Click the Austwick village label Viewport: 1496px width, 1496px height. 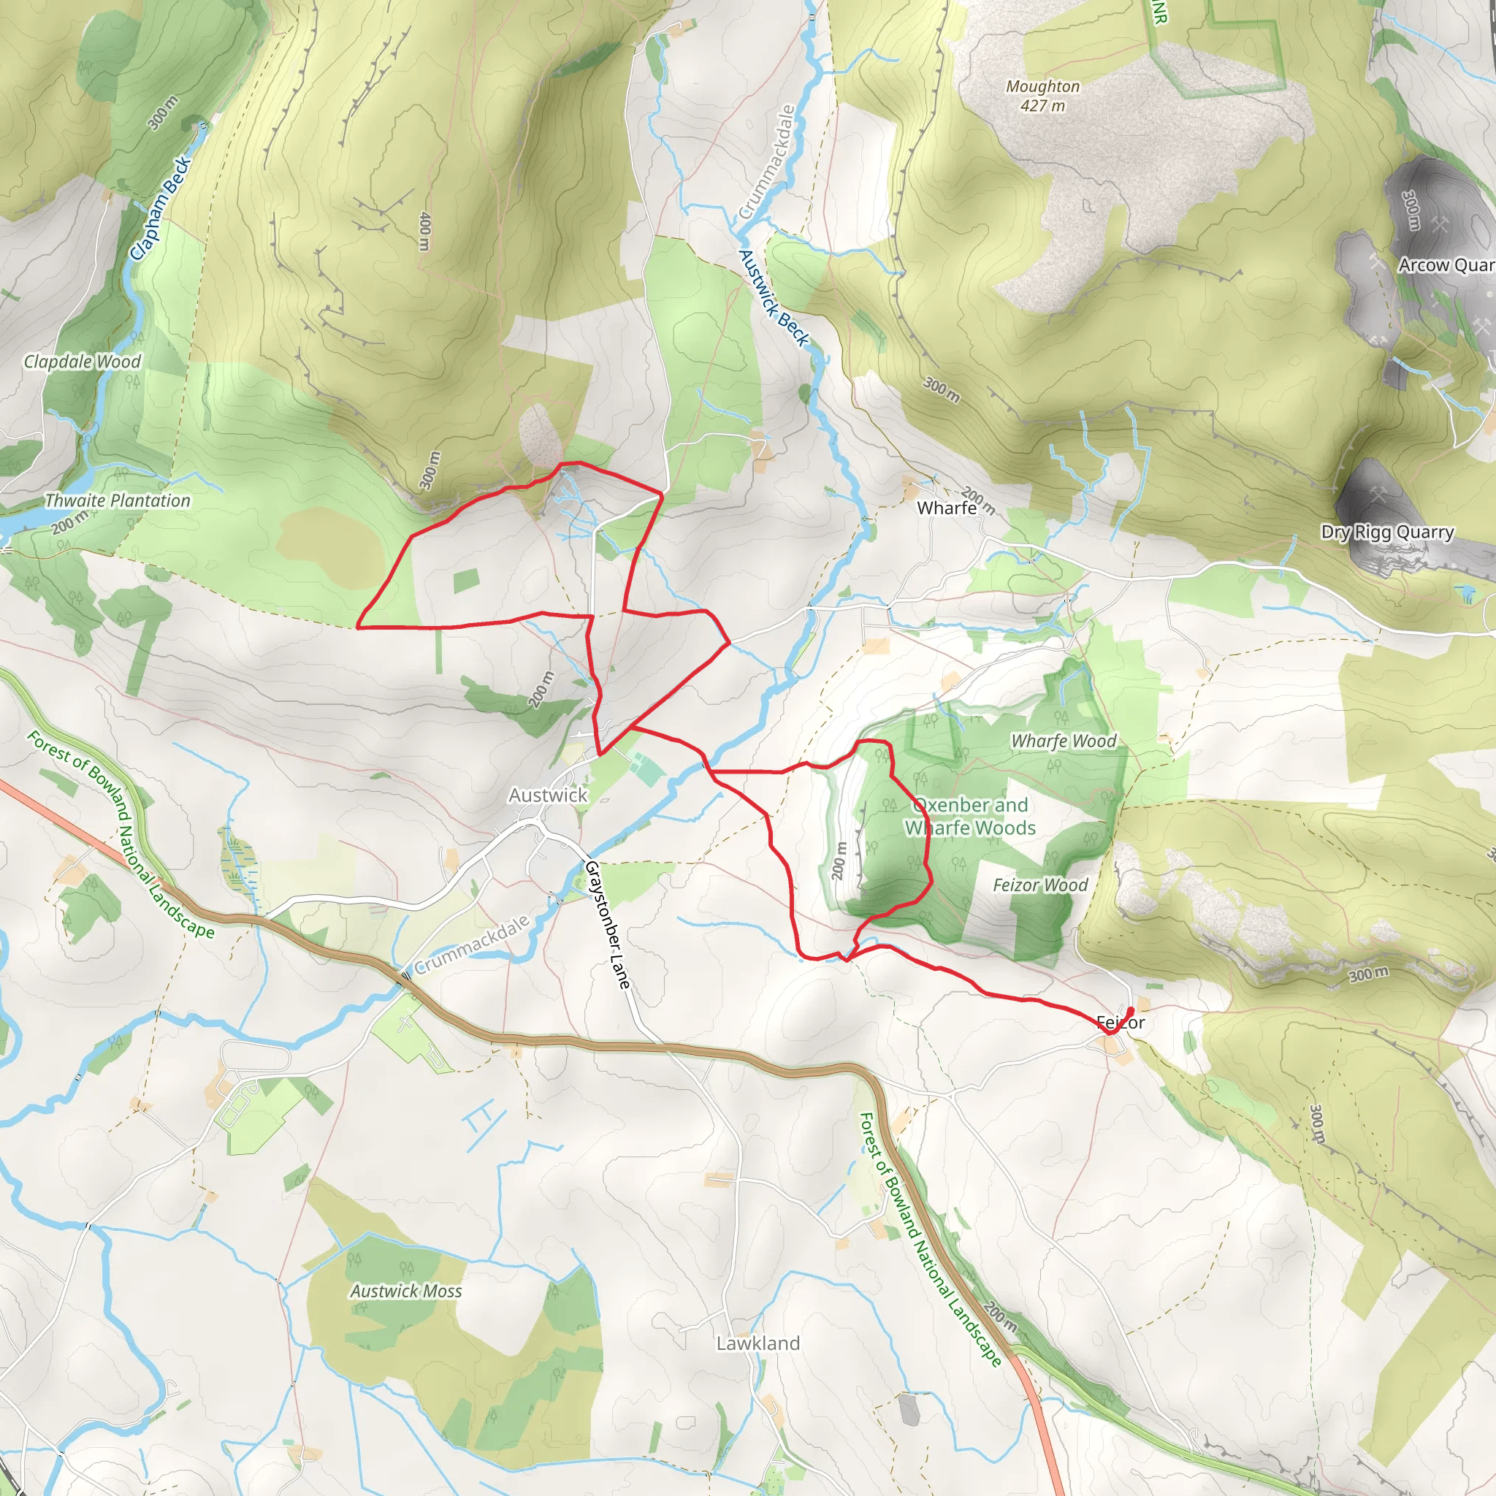[x=547, y=795]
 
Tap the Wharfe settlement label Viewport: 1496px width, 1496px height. [x=946, y=508]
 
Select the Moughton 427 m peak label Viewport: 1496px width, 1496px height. [x=1042, y=96]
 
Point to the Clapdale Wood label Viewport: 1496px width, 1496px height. [x=82, y=362]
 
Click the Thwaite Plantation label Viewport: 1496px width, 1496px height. [x=117, y=501]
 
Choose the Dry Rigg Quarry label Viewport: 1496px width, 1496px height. [x=1387, y=532]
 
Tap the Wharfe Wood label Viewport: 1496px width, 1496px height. [x=1063, y=741]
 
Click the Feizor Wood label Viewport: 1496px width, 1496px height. [x=1040, y=885]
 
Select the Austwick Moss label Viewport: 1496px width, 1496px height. [x=405, y=1291]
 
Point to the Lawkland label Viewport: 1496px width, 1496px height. [x=757, y=1343]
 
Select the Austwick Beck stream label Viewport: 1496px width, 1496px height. [x=773, y=297]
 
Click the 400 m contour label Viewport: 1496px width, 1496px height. [x=424, y=231]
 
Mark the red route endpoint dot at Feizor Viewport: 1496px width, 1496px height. [x=1131, y=1010]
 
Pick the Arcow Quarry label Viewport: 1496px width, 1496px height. [x=1446, y=265]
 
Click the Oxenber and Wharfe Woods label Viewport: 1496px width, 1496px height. [x=970, y=816]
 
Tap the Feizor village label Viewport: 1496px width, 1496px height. [x=1121, y=1023]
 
